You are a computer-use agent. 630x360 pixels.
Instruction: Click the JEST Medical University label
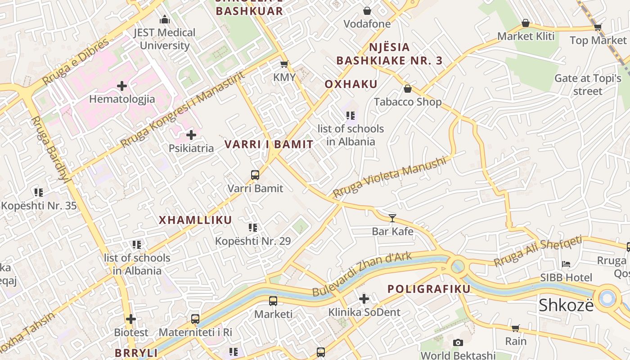(x=165, y=39)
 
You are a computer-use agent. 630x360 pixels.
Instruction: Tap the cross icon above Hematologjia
(x=122, y=85)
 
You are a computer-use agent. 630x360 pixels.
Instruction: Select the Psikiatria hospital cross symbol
(x=191, y=135)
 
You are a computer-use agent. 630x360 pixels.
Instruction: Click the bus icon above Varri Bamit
(x=255, y=175)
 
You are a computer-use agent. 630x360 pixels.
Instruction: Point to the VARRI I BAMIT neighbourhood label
(x=269, y=144)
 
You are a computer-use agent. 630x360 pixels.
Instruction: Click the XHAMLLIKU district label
(x=195, y=220)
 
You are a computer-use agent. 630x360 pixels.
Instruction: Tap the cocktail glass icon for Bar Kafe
(x=392, y=218)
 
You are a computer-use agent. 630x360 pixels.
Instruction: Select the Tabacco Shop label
(x=408, y=102)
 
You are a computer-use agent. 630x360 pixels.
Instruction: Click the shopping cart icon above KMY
(x=284, y=64)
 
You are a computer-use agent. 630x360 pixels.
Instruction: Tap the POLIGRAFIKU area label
(x=429, y=289)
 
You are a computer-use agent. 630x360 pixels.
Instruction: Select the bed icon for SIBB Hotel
(x=566, y=264)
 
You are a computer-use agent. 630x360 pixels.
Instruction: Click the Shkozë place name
(x=566, y=306)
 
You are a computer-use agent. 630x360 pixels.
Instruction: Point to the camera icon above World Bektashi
(x=458, y=343)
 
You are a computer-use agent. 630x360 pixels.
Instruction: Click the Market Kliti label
(x=526, y=36)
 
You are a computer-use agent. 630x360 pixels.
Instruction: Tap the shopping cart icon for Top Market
(x=598, y=27)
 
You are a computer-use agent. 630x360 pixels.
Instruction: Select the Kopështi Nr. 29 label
(x=253, y=241)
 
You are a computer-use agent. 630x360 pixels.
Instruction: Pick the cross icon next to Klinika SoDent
(x=364, y=298)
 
